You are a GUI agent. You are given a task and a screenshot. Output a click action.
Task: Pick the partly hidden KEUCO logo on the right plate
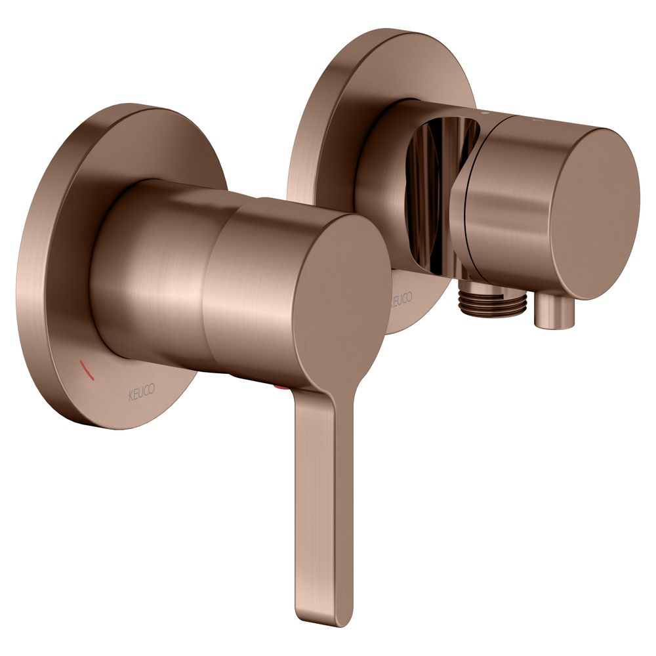point(401,298)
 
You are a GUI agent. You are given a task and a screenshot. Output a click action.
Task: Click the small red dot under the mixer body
point(278,389)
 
